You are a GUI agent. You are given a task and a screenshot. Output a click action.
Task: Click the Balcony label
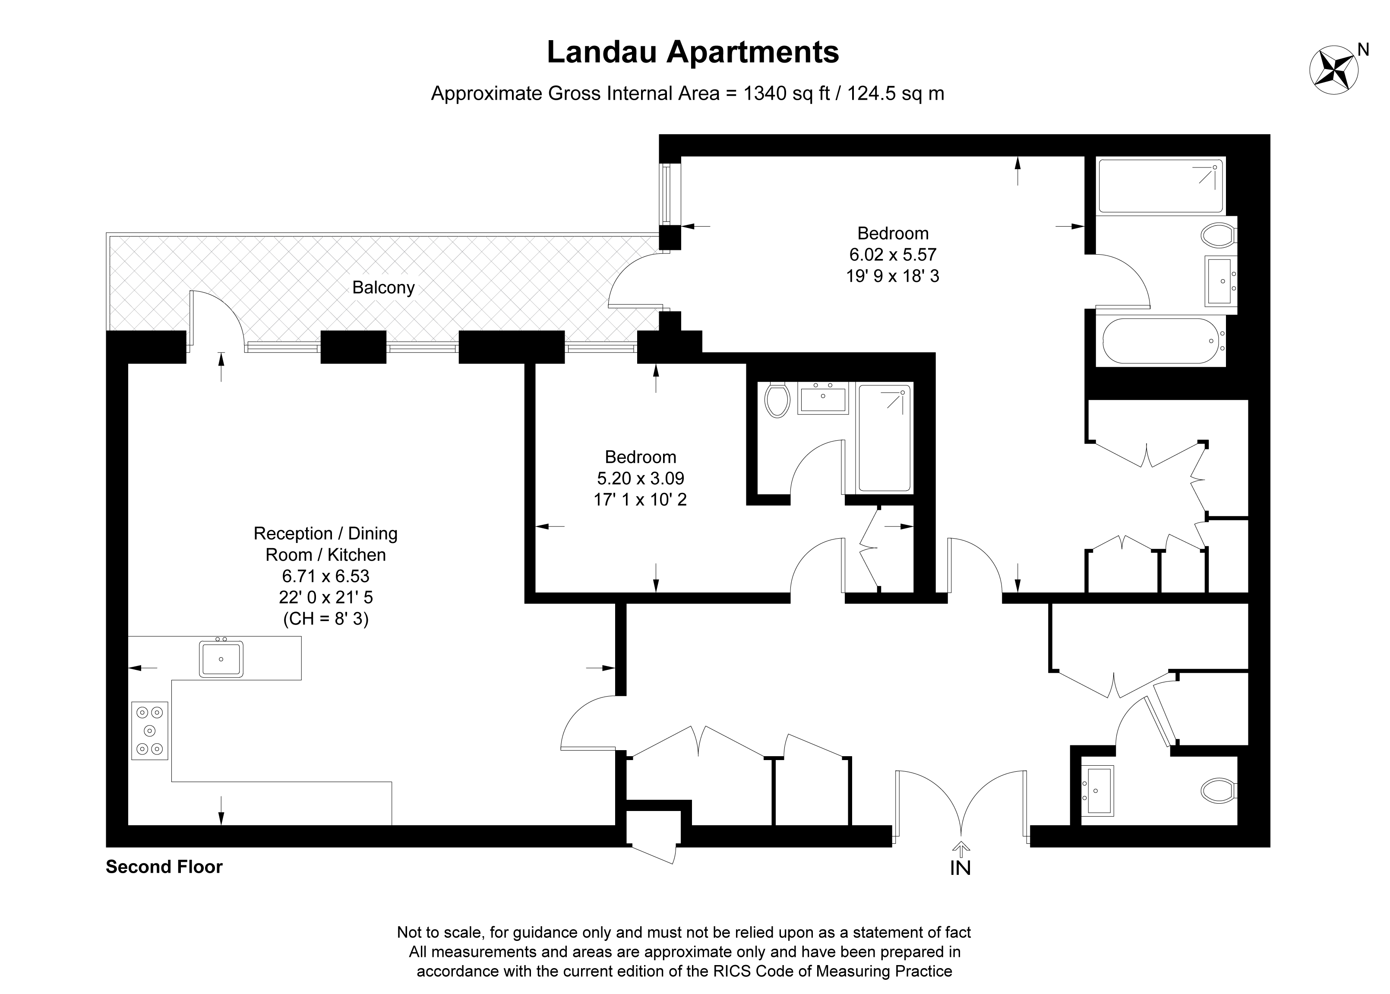(383, 288)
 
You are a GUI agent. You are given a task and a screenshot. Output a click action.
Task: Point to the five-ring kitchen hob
(150, 730)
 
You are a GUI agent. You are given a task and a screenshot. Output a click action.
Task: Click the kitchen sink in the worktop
(221, 659)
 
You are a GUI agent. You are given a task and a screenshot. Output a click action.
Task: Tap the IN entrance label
(960, 868)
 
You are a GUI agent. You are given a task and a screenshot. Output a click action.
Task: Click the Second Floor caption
(164, 867)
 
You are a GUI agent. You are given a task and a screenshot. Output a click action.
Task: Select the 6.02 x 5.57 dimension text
(892, 255)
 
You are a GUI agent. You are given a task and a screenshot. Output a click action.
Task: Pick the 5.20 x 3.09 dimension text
(640, 478)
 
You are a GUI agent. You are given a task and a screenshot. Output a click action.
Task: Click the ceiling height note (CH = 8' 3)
(325, 619)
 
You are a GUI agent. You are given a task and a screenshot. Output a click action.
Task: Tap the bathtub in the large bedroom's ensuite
(1160, 341)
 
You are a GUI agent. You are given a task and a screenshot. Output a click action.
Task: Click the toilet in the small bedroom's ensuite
(777, 400)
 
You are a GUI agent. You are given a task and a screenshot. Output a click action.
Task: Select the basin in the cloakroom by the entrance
(1099, 791)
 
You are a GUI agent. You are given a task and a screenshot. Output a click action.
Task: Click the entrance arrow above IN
(961, 849)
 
